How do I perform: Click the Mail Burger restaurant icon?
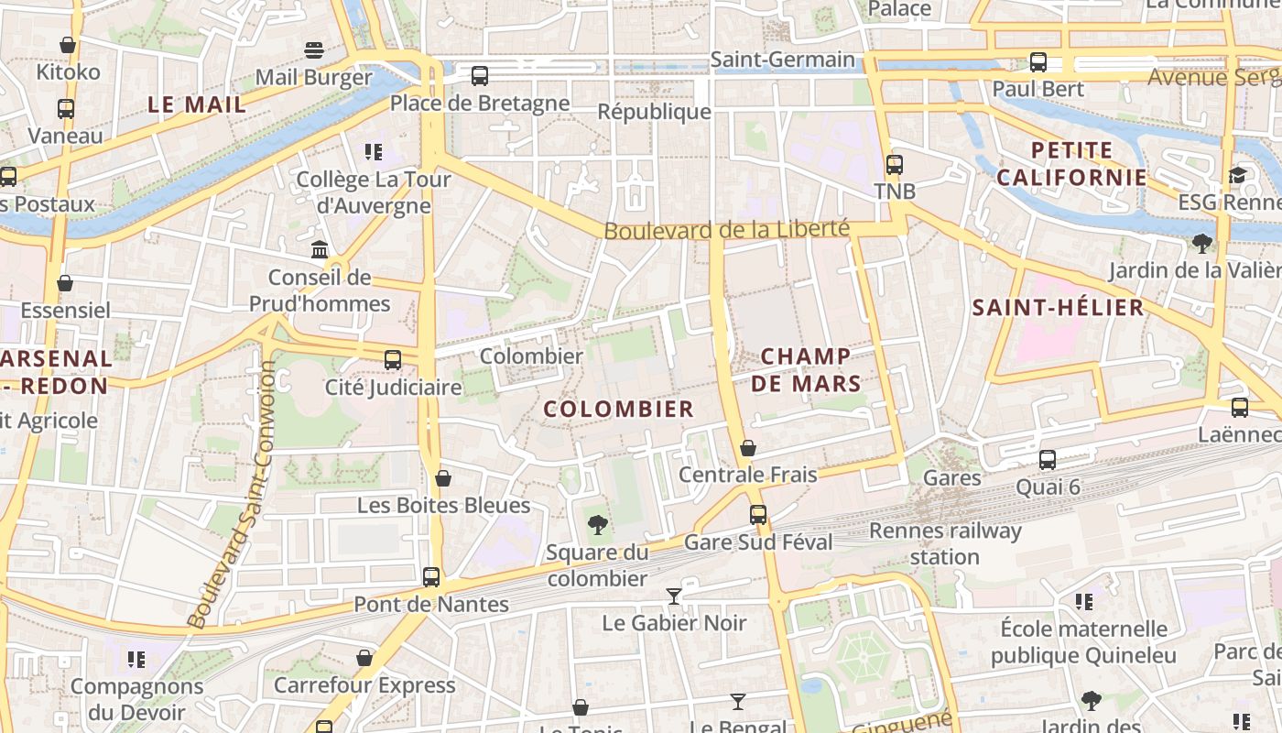coord(314,49)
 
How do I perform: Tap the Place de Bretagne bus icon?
coord(480,76)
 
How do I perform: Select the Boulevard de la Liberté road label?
coord(726,229)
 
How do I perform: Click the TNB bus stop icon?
coord(894,165)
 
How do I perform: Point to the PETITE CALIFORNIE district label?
coord(1071,164)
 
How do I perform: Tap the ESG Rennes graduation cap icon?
coord(1238,175)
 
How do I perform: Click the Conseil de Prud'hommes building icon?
coord(320,249)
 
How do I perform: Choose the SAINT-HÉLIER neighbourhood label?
coord(1058,307)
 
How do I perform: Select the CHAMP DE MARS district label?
coord(806,369)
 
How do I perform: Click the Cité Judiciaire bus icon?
coord(393,360)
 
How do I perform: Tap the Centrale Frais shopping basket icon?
coord(748,448)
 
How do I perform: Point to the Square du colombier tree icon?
coord(597,525)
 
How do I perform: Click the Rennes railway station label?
coord(945,543)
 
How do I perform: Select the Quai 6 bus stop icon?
coord(1048,460)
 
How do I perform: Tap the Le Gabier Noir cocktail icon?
coord(674,596)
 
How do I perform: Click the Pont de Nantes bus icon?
coord(431,577)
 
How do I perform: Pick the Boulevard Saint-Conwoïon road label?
coord(232,495)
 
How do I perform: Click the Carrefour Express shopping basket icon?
coord(364,658)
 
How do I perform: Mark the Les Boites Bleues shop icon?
coord(443,478)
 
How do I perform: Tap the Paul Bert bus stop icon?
coord(1038,62)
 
